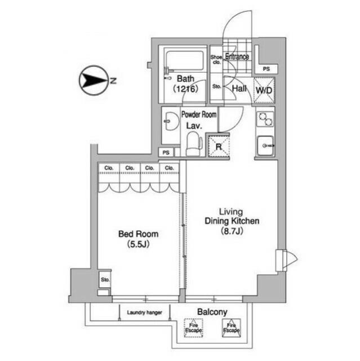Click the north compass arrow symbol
click(91, 81)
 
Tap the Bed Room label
click(138, 234)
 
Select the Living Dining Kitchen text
click(232, 217)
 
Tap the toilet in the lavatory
click(193, 143)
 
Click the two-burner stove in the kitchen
click(264, 120)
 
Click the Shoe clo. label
click(216, 60)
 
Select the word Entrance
click(238, 56)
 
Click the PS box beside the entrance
click(266, 69)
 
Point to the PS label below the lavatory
click(166, 152)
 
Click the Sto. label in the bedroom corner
click(104, 279)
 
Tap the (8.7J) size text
click(232, 231)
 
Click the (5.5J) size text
click(138, 244)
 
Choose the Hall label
click(238, 89)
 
